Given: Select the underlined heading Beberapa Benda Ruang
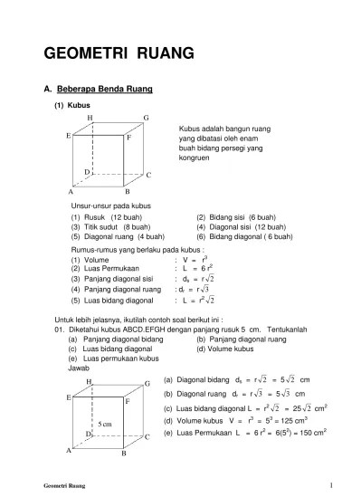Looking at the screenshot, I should tap(104, 90).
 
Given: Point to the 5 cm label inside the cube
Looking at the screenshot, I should tap(104, 424).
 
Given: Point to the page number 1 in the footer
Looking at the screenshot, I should tap(332, 484).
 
